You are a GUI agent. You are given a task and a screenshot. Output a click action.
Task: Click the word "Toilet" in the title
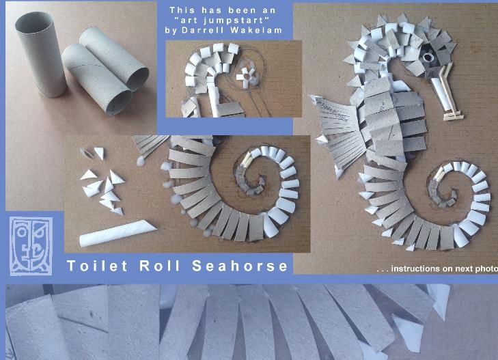coord(97,266)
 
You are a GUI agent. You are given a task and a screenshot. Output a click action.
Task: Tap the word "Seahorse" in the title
coord(240,266)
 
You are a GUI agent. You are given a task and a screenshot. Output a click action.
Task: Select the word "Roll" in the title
coord(160,266)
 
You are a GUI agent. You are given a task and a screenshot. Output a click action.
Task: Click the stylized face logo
coord(31,246)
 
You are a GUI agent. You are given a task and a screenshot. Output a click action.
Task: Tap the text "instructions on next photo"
coord(444,268)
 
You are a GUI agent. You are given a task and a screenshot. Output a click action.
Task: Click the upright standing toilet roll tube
coord(40,54)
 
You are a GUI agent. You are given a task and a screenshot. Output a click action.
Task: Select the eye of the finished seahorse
coord(428,58)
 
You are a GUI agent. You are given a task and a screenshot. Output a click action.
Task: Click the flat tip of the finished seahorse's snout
coord(454,116)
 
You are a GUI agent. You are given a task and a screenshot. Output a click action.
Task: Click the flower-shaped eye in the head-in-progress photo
coord(246,75)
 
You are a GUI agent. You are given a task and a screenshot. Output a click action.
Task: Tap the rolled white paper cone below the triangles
coord(117,233)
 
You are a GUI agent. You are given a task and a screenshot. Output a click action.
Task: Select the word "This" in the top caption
coord(181,10)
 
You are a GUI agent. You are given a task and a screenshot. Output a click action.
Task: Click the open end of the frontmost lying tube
coord(119,103)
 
